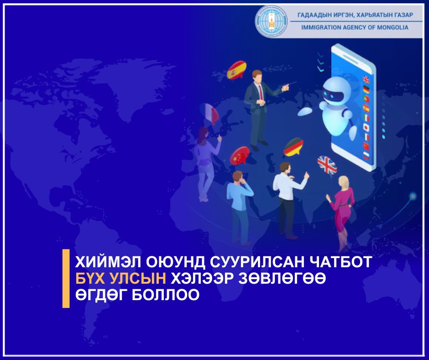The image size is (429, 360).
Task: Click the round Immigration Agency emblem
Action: click(x=272, y=22)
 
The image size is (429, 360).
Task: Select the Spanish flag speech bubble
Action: click(x=236, y=70)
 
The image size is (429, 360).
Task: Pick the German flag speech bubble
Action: click(x=293, y=148)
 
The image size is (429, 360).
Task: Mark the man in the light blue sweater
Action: click(x=239, y=206)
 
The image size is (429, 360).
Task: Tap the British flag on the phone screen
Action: click(x=366, y=79)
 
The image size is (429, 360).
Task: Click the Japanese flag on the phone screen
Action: click(x=366, y=127)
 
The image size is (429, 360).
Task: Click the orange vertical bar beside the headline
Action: click(x=66, y=278)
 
